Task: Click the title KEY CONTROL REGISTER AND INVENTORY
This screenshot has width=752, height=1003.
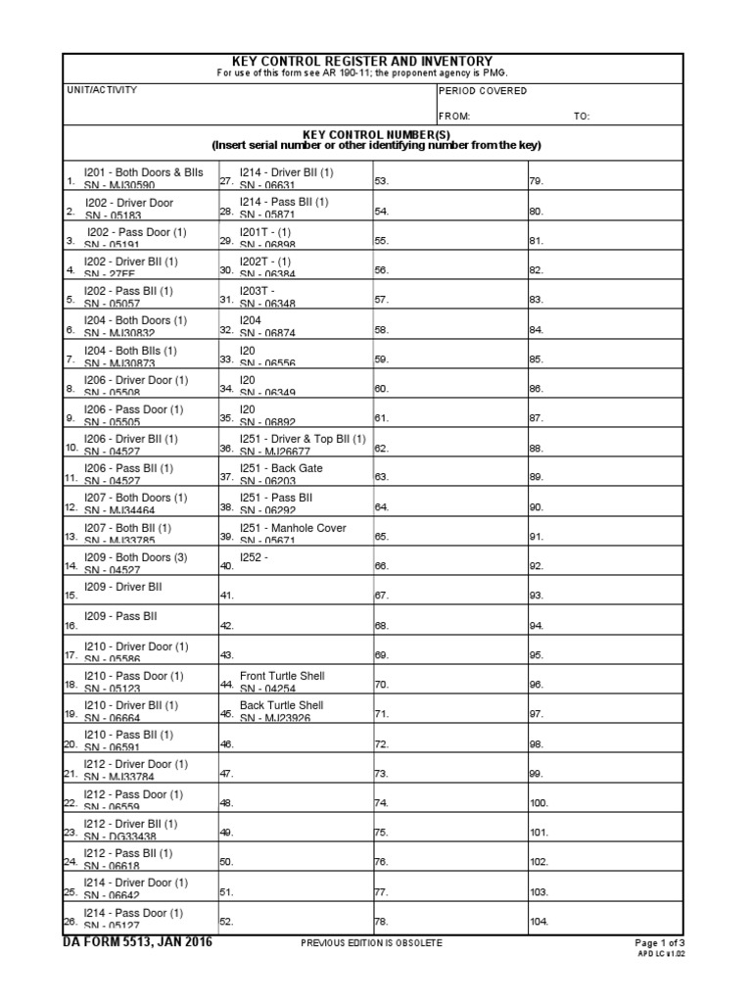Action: (x=375, y=61)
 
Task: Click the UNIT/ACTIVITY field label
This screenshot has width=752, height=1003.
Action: (x=102, y=90)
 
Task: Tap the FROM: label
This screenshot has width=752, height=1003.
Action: (x=455, y=116)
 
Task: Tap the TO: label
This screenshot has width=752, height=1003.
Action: (x=582, y=116)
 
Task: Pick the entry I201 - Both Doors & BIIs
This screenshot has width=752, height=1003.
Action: (x=143, y=172)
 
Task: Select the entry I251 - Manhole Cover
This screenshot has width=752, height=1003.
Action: (x=293, y=528)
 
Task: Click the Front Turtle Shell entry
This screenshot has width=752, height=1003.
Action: (x=282, y=676)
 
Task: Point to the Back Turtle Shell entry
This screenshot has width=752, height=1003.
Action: (x=281, y=705)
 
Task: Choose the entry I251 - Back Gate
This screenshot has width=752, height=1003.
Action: (x=281, y=468)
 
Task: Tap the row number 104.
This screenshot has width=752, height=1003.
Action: (x=540, y=922)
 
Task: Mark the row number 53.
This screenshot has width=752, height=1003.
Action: (x=382, y=181)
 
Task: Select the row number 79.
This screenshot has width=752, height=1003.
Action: (x=536, y=181)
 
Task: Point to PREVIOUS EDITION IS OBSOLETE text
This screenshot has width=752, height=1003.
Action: (x=372, y=943)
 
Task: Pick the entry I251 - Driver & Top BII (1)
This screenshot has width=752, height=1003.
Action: (x=303, y=439)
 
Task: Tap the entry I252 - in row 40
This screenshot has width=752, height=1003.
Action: (x=254, y=557)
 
